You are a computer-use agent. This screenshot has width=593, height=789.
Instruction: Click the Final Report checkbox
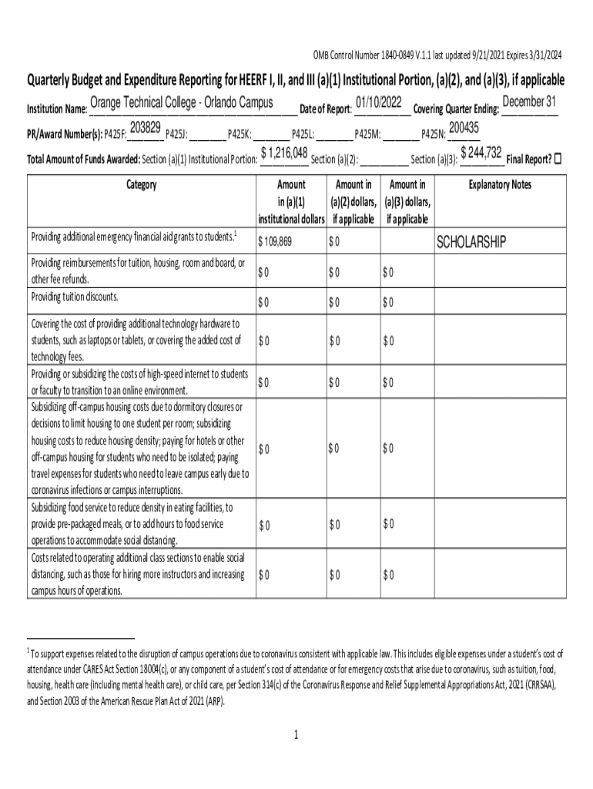[x=558, y=159]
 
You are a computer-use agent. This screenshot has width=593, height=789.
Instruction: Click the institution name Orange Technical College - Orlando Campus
[x=181, y=103]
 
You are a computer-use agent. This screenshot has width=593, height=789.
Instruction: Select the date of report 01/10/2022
[x=380, y=102]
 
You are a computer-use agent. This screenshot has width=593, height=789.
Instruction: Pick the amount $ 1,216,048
[x=285, y=153]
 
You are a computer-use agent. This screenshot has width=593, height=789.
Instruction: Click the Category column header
[x=139, y=185]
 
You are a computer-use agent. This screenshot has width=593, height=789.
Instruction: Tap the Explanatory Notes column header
[x=500, y=185]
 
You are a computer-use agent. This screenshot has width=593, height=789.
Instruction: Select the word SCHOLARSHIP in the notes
[x=471, y=243]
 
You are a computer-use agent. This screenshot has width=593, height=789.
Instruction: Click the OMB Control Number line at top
[x=437, y=55]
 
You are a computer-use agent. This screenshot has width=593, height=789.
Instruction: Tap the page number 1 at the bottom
[x=296, y=734]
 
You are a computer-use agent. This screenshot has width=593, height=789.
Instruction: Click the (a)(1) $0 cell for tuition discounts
[x=263, y=301]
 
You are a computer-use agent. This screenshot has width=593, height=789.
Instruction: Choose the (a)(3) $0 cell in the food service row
[x=388, y=525]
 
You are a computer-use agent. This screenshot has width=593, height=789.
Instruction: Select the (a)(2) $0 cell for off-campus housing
[x=333, y=448]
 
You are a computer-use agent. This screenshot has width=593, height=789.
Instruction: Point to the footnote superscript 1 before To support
[x=28, y=652]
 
